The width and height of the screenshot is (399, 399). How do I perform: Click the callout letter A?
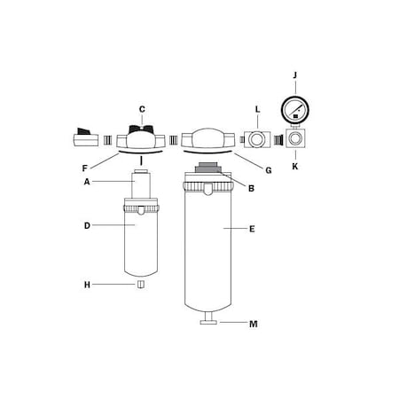tap(87, 181)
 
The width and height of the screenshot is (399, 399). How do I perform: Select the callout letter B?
tap(251, 188)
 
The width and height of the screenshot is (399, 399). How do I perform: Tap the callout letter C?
tap(141, 109)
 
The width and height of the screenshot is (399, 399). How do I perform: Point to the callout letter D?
tap(87, 225)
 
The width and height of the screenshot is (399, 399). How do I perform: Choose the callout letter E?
tap(252, 229)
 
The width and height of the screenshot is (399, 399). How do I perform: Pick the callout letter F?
tap(85, 167)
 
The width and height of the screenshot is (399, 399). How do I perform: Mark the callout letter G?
tap(269, 168)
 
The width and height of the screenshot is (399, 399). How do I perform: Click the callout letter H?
tap(87, 285)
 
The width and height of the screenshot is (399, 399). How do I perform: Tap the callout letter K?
tap(294, 166)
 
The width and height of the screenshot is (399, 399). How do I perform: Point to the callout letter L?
tap(257, 110)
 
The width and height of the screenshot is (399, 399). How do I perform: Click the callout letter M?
tap(253, 324)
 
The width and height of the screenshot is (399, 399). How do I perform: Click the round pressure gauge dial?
tap(294, 111)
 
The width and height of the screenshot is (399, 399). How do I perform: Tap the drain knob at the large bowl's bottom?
tap(209, 317)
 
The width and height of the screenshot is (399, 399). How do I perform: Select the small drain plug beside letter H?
tap(140, 285)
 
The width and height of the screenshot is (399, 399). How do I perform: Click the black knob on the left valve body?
tap(140, 130)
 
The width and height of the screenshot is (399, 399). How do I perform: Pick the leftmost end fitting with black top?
tap(85, 137)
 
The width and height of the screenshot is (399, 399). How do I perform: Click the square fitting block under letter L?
tap(257, 139)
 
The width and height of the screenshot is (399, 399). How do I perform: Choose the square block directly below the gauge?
tap(294, 139)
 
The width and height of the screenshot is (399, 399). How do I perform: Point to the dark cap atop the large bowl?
tap(206, 168)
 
